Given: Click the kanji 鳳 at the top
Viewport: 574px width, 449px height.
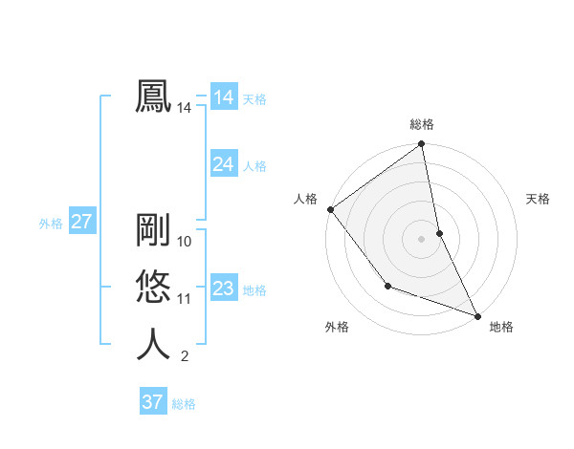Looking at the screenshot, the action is pyautogui.click(x=153, y=96).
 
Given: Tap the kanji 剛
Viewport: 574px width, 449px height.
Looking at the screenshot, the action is pyautogui.click(x=153, y=230).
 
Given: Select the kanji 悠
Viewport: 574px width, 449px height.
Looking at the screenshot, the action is pyautogui.click(x=153, y=288).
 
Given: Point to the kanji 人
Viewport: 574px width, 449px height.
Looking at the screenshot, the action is pyautogui.click(x=153, y=344).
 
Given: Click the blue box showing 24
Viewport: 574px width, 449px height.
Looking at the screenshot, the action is pyautogui.click(x=223, y=164).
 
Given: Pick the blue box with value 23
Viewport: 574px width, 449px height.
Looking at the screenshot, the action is pyautogui.click(x=223, y=289).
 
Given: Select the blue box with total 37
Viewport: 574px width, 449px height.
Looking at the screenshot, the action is pyautogui.click(x=152, y=402).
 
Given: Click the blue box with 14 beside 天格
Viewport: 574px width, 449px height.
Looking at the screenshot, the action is pyautogui.click(x=223, y=97).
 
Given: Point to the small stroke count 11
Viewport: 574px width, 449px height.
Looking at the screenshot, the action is pyautogui.click(x=185, y=299).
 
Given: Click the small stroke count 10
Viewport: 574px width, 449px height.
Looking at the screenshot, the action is pyautogui.click(x=185, y=242).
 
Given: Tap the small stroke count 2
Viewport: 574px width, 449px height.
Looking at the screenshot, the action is pyautogui.click(x=184, y=357).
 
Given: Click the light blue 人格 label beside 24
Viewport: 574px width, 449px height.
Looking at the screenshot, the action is pyautogui.click(x=254, y=166).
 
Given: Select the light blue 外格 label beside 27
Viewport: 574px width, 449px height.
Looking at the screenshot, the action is pyautogui.click(x=51, y=224).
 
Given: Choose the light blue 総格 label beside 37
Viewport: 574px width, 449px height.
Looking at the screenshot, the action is pyautogui.click(x=184, y=404).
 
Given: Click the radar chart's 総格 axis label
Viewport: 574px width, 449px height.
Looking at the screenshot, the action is pyautogui.click(x=422, y=124).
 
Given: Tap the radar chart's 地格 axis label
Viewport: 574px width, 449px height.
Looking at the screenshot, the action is pyautogui.click(x=501, y=327).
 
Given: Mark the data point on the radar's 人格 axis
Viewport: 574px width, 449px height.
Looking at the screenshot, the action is pyautogui.click(x=330, y=209).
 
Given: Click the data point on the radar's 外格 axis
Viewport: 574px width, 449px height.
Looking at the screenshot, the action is pyautogui.click(x=387, y=286).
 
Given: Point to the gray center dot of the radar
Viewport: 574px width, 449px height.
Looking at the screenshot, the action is pyautogui.click(x=422, y=238).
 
